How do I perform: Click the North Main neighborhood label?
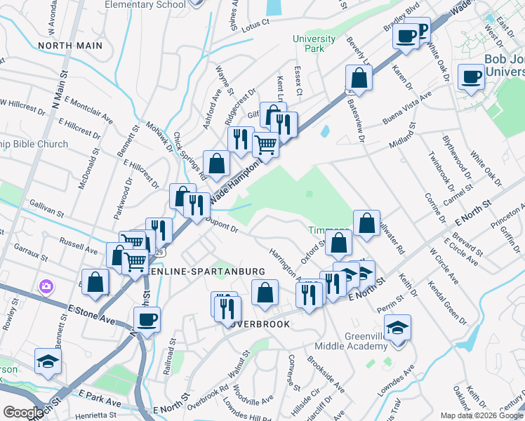pyautogui.click(x=70, y=46)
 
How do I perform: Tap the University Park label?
pyautogui.click(x=309, y=44)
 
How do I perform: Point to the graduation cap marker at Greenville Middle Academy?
pyautogui.click(x=397, y=328)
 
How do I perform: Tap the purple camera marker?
pyautogui.click(x=46, y=286)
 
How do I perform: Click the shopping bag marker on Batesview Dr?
pyautogui.click(x=359, y=79)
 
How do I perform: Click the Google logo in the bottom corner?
pyautogui.click(x=22, y=413)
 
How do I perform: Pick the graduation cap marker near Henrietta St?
pyautogui.click(x=48, y=361)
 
